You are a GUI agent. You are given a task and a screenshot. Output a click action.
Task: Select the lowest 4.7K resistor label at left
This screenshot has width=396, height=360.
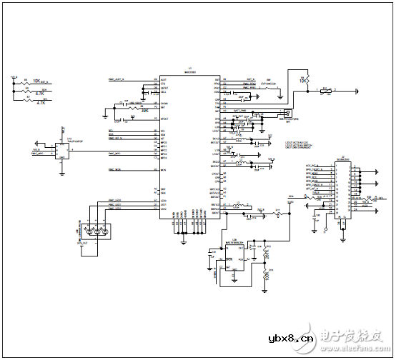(39, 103)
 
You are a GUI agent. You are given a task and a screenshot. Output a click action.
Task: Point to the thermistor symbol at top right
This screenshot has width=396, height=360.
(325, 91)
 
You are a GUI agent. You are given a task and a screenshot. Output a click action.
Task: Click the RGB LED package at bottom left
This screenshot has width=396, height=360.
(94, 231)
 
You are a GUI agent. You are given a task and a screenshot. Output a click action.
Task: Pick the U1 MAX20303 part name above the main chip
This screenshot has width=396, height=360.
(188, 71)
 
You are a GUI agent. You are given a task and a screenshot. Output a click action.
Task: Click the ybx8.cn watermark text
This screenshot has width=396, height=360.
(285, 338)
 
